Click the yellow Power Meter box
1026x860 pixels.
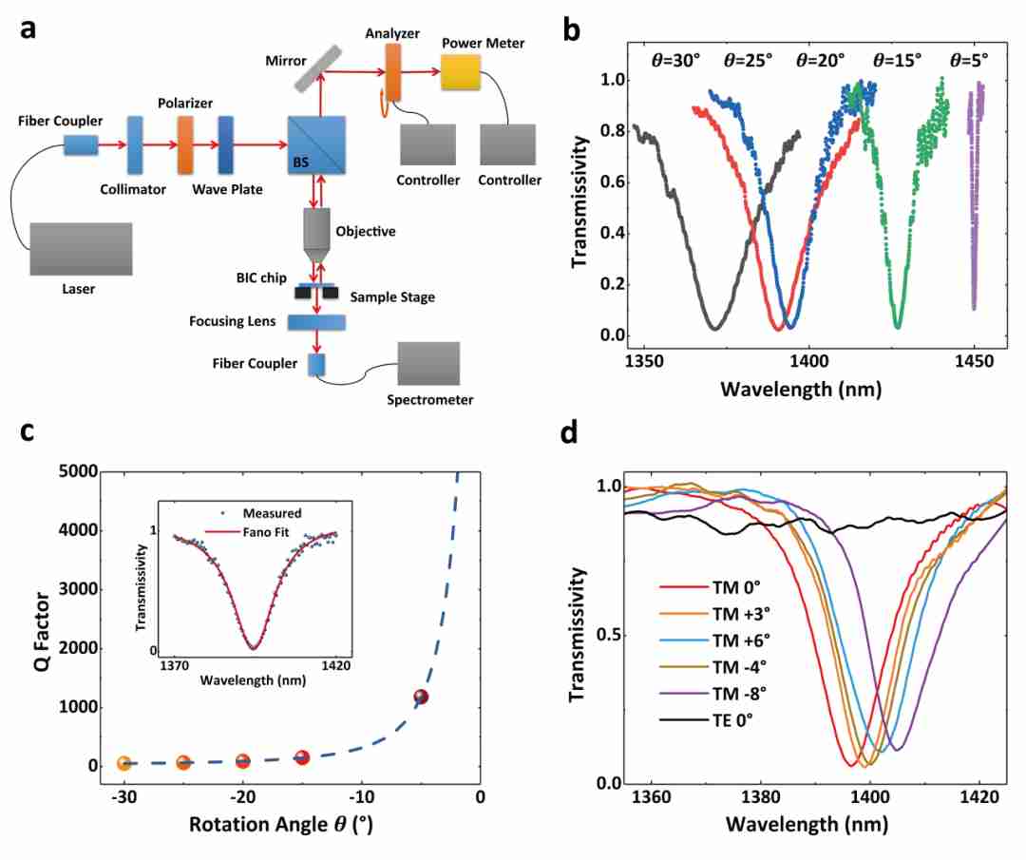click(x=461, y=72)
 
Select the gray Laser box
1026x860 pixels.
click(x=81, y=249)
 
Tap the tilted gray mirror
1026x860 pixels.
click(x=318, y=68)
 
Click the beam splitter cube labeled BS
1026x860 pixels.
click(x=316, y=145)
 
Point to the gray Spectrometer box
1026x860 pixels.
click(x=428, y=364)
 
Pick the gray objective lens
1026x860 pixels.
click(x=316, y=235)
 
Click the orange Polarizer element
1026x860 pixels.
click(x=186, y=145)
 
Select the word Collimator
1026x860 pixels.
click(x=133, y=189)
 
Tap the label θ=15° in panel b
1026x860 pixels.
click(x=898, y=60)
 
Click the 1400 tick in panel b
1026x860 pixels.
click(x=809, y=360)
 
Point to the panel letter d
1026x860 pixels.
click(x=569, y=432)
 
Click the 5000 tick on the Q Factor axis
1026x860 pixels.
click(x=78, y=471)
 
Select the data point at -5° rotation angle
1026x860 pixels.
click(x=422, y=698)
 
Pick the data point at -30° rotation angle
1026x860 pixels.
click(x=123, y=763)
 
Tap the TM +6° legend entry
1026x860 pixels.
click(x=714, y=640)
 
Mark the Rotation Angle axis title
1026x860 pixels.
click(x=281, y=824)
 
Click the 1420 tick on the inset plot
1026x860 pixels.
click(x=335, y=665)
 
